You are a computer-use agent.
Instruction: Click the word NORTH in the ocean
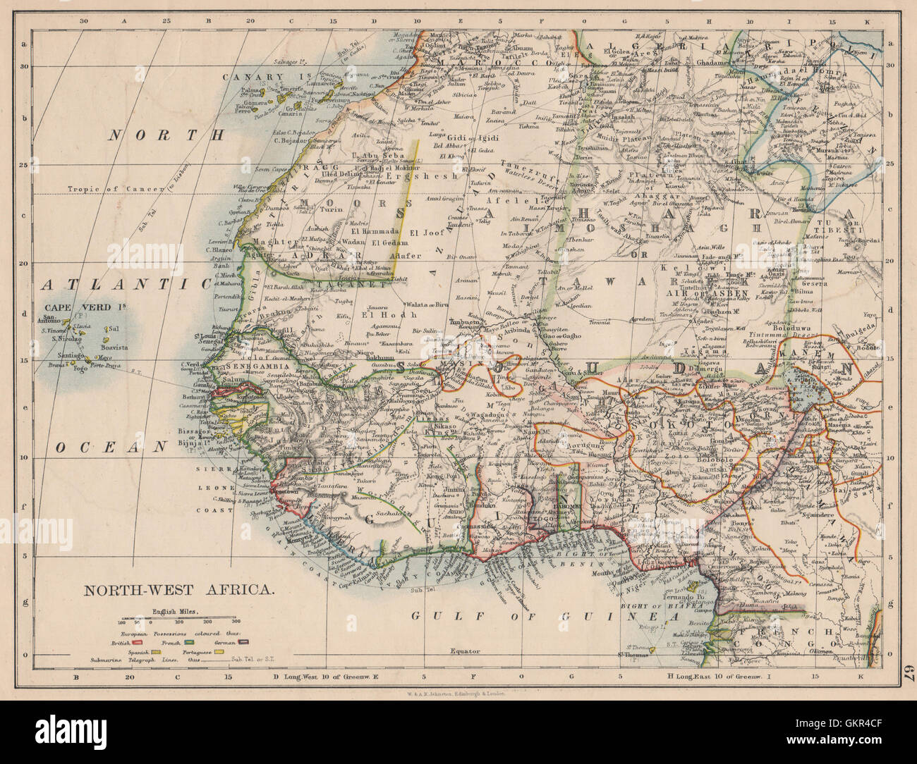[x=166, y=135]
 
